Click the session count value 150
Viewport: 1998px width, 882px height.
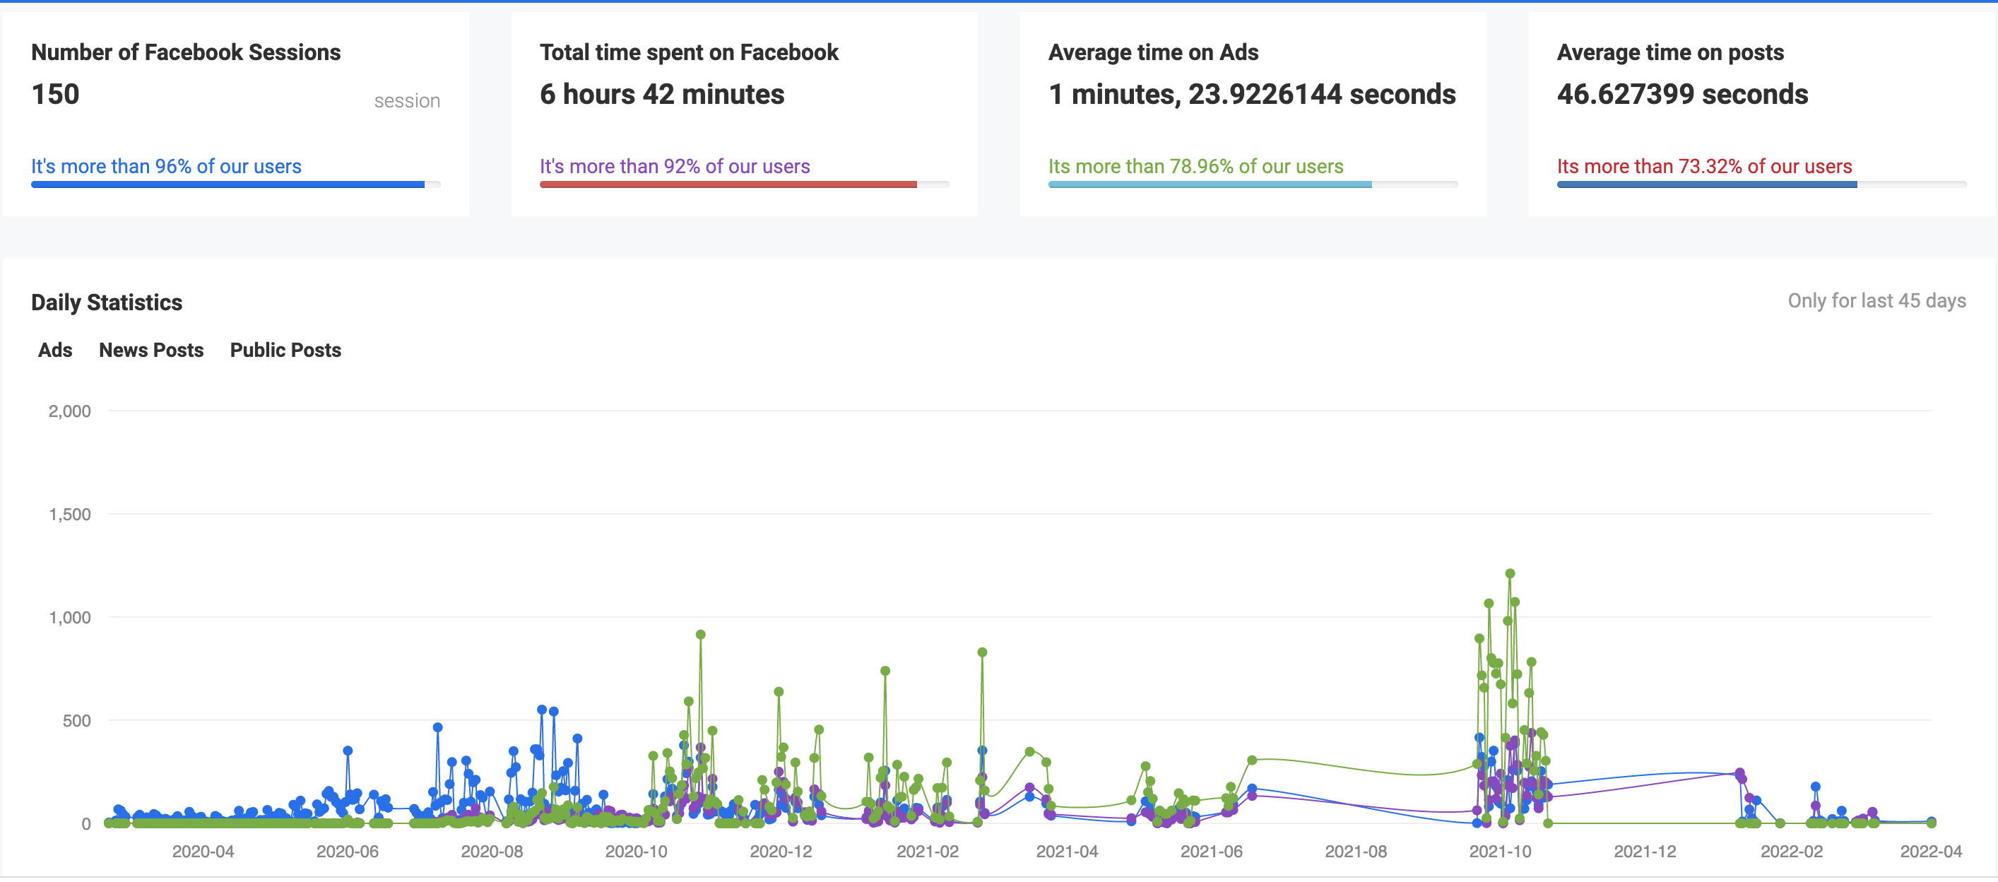55,95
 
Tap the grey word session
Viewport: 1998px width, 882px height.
406,101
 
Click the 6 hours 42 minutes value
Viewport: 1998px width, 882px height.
661,95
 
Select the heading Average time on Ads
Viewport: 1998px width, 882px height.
1152,52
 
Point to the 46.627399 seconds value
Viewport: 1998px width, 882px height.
1681,95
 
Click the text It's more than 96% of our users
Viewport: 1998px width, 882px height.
166,166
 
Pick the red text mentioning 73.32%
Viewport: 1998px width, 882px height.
1703,166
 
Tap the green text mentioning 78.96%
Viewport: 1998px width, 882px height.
1195,166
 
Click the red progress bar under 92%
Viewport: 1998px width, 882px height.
728,184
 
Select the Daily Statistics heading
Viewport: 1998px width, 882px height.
106,302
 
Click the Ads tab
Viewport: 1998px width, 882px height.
55,350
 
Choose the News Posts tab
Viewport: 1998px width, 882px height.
151,350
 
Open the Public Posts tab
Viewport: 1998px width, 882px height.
285,350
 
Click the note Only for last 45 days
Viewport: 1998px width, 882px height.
1876,300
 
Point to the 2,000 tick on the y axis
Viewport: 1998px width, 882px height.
70,411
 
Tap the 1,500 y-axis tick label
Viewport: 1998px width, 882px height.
70,514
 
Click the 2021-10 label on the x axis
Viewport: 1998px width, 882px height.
1499,851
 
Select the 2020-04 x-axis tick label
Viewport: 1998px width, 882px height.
203,851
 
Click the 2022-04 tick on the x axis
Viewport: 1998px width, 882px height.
1929,851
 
